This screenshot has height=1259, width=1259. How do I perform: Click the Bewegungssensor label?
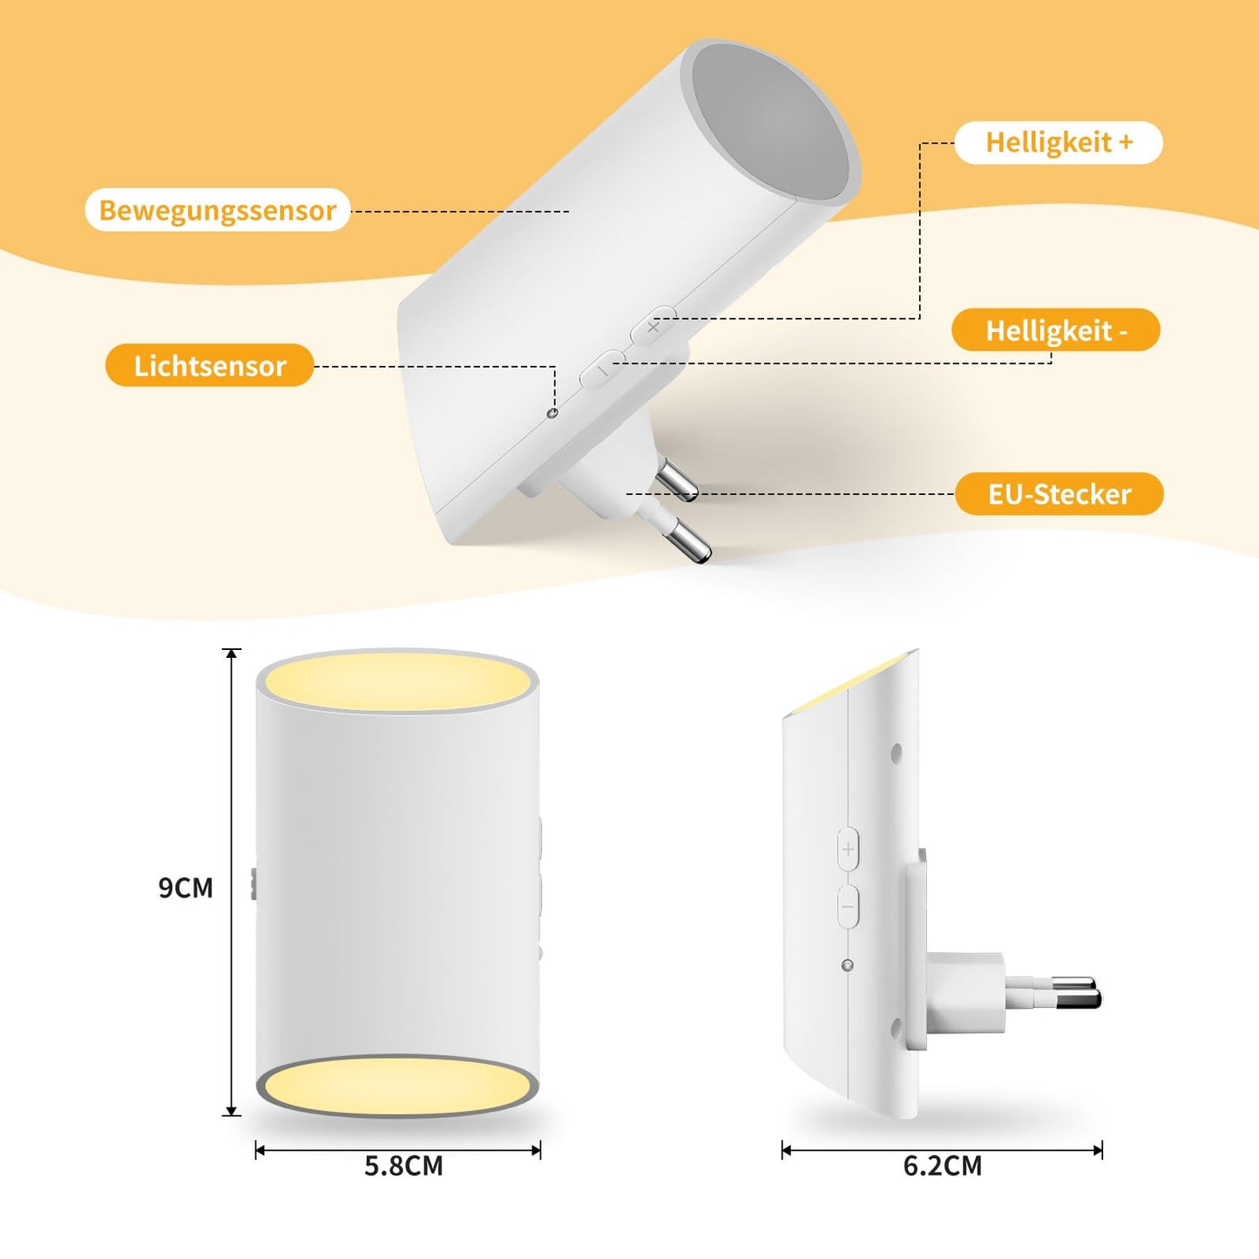pyautogui.click(x=218, y=210)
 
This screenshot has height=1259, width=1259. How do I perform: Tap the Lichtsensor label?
pyautogui.click(x=210, y=365)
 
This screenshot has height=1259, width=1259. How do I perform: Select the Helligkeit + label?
pyautogui.click(x=1059, y=142)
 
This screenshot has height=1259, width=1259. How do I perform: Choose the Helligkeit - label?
pyautogui.click(x=1056, y=330)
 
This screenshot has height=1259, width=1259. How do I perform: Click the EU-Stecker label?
pyautogui.click(x=1059, y=494)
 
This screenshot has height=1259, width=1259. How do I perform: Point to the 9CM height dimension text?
pyautogui.click(x=186, y=888)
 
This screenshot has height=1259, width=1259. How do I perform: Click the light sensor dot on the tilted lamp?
pyautogui.click(x=552, y=413)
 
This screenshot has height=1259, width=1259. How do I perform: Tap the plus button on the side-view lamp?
pyautogui.click(x=848, y=849)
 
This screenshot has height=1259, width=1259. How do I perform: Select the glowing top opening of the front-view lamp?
pyautogui.click(x=398, y=681)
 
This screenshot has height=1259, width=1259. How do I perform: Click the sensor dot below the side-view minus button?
pyautogui.click(x=848, y=965)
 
